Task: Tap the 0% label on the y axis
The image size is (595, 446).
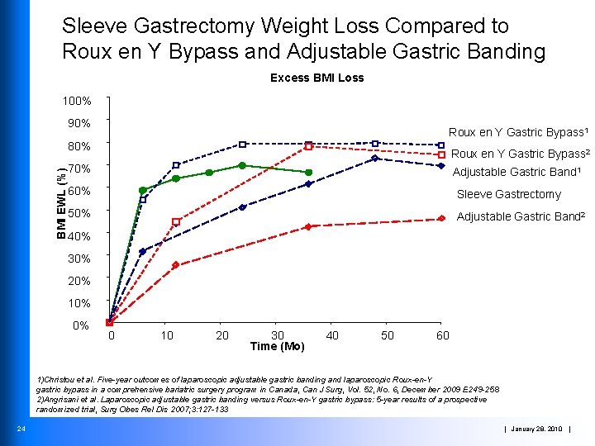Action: click(80, 325)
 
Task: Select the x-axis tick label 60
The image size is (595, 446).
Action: click(443, 335)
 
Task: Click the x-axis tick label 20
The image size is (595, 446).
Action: click(222, 335)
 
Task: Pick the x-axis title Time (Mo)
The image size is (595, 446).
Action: click(277, 346)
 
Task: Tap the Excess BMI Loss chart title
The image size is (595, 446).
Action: click(317, 78)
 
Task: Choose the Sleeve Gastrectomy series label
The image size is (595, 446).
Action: click(509, 195)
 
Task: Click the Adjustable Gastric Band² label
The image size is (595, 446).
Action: click(521, 217)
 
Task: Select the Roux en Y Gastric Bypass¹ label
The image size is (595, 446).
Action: click(518, 132)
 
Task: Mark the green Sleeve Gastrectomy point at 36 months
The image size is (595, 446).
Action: click(308, 173)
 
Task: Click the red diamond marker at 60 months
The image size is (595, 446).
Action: click(441, 219)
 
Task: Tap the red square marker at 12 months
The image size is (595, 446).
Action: click(176, 221)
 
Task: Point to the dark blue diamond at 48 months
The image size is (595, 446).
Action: click(374, 158)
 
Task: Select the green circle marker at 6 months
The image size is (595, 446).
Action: click(143, 191)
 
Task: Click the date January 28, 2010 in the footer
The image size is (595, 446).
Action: click(537, 428)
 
